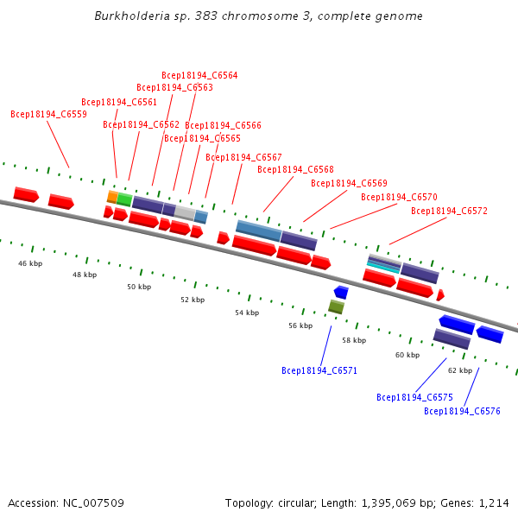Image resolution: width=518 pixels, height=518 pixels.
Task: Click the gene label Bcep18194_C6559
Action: [48, 114]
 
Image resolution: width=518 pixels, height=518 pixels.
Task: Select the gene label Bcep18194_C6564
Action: [199, 75]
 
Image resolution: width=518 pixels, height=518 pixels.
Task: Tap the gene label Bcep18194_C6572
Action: [449, 211]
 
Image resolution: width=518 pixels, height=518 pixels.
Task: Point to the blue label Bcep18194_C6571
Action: [319, 370]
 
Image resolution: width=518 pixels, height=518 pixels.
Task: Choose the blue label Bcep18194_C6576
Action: [462, 411]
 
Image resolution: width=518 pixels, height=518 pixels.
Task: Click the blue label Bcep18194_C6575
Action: [414, 397]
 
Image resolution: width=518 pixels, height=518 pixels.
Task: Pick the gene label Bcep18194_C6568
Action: [295, 169]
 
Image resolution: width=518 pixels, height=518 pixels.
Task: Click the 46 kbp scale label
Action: [30, 263]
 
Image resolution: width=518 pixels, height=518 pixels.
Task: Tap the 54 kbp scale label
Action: [247, 313]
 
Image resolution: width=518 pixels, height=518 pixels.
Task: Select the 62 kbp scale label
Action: [460, 370]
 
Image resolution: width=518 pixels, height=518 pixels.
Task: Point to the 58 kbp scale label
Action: [354, 340]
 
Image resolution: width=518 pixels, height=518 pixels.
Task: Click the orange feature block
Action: [112, 197]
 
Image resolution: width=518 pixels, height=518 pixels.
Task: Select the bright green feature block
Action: [124, 199]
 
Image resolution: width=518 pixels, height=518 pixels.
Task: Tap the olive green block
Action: [336, 306]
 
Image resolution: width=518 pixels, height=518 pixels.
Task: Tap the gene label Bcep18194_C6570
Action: [399, 197]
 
